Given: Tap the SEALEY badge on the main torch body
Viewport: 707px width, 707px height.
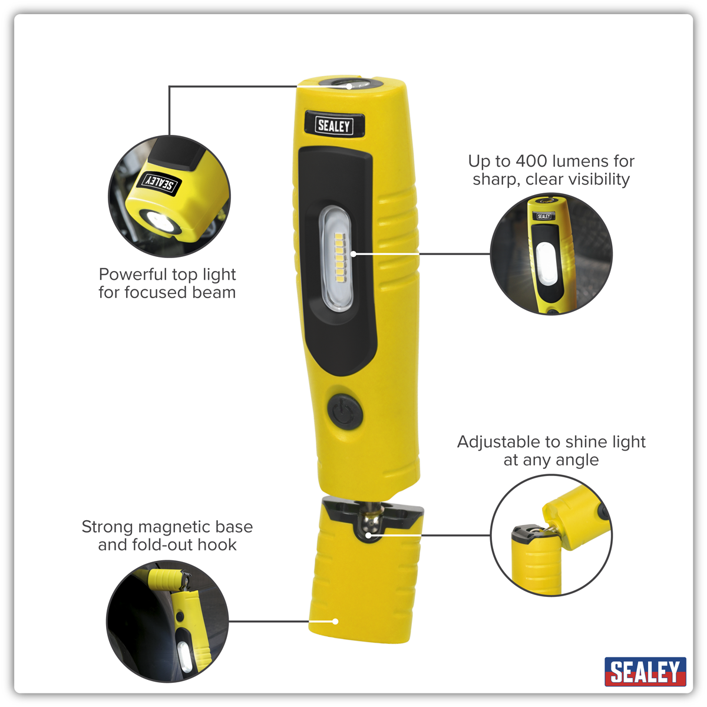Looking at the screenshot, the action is pyautogui.click(x=334, y=125).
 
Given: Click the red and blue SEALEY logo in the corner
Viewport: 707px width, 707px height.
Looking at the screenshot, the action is pyautogui.click(x=645, y=672).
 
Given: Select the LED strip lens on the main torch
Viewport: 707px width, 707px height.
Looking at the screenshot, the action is pyautogui.click(x=336, y=258).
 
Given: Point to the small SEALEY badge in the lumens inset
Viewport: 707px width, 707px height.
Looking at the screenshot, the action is pyautogui.click(x=544, y=216).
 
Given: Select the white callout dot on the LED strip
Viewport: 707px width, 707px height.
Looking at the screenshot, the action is pyautogui.click(x=353, y=253).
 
